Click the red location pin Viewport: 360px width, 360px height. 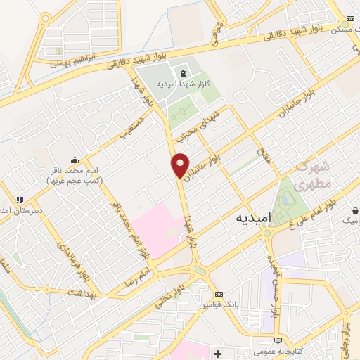coord(181,165)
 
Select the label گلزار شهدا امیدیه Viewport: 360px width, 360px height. coord(186,84)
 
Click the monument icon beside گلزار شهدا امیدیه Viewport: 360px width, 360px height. coord(184,72)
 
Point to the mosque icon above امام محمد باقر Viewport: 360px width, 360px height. coord(75,160)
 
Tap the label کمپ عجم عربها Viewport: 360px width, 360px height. coord(74,180)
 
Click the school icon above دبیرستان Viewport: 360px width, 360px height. coord(22,200)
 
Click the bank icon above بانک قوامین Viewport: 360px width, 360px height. coord(219,294)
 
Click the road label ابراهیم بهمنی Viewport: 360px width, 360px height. coord(72,63)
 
